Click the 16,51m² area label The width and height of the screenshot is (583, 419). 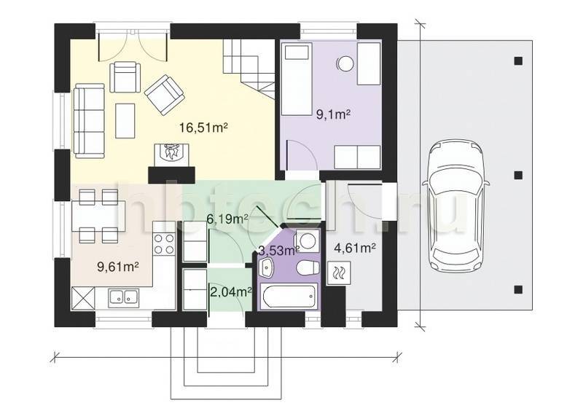click(x=203, y=128)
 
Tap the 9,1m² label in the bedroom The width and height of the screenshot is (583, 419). click(x=333, y=114)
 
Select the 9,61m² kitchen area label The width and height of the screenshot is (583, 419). click(x=118, y=266)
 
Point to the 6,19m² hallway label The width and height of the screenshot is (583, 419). click(x=227, y=219)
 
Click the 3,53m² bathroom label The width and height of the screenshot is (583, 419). click(x=279, y=251)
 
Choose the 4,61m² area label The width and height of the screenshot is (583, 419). click(x=355, y=248)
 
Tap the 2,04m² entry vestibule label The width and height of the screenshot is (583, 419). click(x=231, y=292)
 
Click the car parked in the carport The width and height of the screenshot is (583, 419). click(x=455, y=205)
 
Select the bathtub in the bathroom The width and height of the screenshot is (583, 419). click(x=289, y=296)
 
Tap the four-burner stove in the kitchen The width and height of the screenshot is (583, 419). click(x=164, y=244)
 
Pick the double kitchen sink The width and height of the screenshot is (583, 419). click(x=123, y=297)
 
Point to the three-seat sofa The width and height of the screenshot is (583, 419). click(x=89, y=120)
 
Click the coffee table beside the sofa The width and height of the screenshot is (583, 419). click(x=125, y=121)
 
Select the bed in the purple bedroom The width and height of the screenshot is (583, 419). click(x=297, y=79)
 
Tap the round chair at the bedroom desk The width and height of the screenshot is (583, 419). click(x=345, y=63)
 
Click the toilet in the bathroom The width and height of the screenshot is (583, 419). click(x=308, y=268)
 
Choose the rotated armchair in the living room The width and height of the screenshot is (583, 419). click(x=165, y=95)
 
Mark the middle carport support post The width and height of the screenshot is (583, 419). click(x=518, y=175)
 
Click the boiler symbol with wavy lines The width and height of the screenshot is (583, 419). click(x=339, y=273)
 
